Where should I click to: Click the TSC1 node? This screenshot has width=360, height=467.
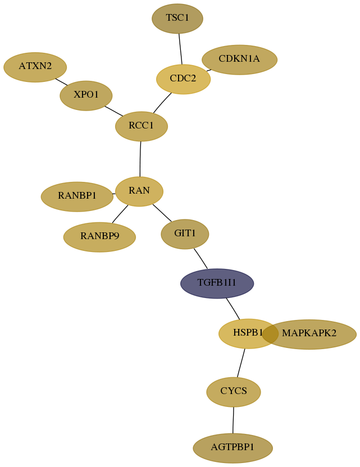(x=177, y=19)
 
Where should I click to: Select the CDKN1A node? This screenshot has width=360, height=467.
(x=240, y=59)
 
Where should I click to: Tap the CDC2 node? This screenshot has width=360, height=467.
(x=183, y=79)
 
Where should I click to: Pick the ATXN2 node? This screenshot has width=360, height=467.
(x=35, y=67)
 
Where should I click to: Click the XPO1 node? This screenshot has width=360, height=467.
(x=86, y=95)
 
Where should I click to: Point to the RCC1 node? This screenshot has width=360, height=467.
(x=142, y=126)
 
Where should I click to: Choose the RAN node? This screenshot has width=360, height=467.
(x=139, y=191)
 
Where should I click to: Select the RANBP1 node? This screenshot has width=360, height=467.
(x=77, y=196)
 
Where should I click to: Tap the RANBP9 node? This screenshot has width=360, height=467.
(x=99, y=237)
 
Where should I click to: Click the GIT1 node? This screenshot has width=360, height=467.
(x=185, y=234)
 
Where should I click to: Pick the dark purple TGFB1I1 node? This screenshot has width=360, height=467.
(x=217, y=283)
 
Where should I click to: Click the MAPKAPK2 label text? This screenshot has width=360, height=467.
(x=309, y=333)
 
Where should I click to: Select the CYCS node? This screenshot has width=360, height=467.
(x=234, y=392)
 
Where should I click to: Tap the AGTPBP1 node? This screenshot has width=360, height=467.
(x=233, y=448)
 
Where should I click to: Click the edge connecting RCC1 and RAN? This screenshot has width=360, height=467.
(x=140, y=159)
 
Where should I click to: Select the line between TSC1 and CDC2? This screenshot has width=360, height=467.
(x=180, y=49)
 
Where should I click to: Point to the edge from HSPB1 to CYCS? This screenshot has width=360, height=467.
(x=241, y=363)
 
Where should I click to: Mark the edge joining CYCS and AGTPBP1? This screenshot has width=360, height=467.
(x=233, y=420)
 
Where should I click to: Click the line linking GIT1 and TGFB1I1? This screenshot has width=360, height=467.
(x=200, y=259)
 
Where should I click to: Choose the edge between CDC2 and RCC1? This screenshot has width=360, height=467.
(x=162, y=103)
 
